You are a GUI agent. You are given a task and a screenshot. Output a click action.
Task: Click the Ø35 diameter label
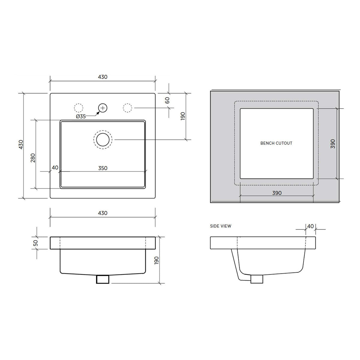coord(81,116)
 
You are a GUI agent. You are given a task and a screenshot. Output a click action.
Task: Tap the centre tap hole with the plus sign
coord(103,108)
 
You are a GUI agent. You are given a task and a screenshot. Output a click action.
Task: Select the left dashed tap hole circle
coord(78,108)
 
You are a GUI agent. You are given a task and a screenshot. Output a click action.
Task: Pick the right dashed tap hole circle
coord(127,108)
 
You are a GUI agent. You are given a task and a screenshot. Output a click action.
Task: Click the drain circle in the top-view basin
coord(103,139)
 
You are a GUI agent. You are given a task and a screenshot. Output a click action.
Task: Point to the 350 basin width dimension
coord(103,168)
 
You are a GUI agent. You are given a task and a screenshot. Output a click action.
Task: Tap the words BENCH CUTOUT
coord(276,143)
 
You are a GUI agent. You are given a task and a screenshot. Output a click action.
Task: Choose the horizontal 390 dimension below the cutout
coord(277,193)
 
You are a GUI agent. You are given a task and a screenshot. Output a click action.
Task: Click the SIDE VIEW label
coord(220,226)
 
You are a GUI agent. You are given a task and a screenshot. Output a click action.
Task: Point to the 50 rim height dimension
coord(36,243)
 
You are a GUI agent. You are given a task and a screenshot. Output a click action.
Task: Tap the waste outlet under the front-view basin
coord(102,279)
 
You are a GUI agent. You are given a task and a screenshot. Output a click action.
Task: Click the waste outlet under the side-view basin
coord(256,279)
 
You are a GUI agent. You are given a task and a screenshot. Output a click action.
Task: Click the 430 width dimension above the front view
coord(103,213)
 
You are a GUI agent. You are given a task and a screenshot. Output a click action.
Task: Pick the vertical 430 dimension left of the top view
coord(20,145)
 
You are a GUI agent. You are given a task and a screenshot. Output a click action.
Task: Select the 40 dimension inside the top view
coord(55,168)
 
